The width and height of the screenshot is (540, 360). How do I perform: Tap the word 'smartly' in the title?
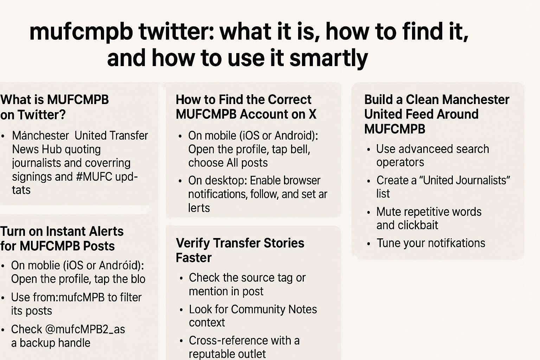pyautogui.click(x=328, y=58)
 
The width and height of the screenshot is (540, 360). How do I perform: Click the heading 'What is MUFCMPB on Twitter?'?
pyautogui.click(x=54, y=107)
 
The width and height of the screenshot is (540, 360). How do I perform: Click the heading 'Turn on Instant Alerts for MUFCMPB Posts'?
pyautogui.click(x=62, y=238)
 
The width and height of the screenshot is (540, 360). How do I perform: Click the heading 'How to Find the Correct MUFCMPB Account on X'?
pyautogui.click(x=246, y=107)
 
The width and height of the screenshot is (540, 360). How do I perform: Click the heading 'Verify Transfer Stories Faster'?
pyautogui.click(x=240, y=250)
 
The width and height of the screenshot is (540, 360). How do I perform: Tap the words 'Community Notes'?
pyautogui.click(x=274, y=309)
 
